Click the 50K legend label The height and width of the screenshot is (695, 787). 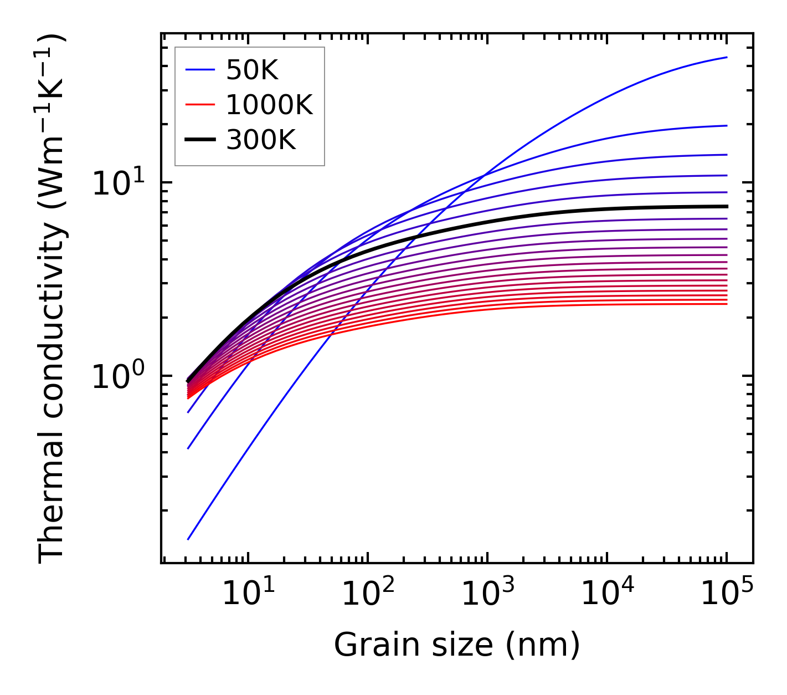pos(252,70)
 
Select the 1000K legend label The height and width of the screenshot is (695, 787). pos(269,105)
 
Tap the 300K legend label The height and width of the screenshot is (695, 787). pos(261,140)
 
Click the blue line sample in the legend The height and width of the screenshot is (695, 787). pos(199,70)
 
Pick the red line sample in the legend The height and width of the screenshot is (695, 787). pos(199,105)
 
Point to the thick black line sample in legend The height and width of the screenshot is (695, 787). pos(199,140)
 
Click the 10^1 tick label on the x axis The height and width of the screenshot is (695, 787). pos(248,594)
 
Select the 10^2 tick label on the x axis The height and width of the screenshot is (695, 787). pos(368,594)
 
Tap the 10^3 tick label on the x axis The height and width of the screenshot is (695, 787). pos(487,594)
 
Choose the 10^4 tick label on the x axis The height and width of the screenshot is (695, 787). pos(607,594)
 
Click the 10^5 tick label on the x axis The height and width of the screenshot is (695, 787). pos(727,594)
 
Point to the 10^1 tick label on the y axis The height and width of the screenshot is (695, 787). pos(117,183)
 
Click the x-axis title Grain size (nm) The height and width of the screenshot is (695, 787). pos(457,645)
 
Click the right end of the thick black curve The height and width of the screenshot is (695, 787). pos(727,206)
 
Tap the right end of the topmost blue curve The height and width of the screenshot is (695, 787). pos(727,57)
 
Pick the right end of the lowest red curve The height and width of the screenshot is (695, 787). pos(727,304)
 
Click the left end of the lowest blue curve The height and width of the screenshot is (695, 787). pos(188,539)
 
